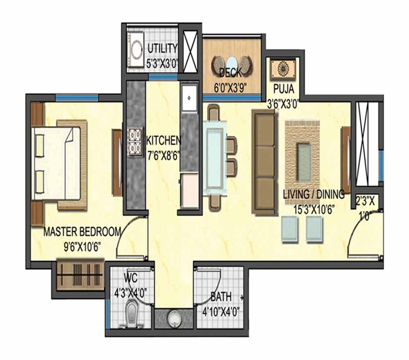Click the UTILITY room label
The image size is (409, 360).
coord(162,49)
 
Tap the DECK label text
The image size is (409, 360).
coord(230,73)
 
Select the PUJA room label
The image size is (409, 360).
coord(283,89)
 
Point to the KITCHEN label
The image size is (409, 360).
coord(164,141)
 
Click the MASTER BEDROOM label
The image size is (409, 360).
coord(82,232)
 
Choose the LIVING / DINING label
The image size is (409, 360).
coord(314,194)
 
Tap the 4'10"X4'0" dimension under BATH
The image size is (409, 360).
coord(221,312)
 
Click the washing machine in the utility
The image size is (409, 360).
coord(135,49)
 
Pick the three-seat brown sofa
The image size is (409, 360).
coord(263,162)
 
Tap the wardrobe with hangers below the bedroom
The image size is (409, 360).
coord(80,275)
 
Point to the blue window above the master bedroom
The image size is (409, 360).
coord(77,98)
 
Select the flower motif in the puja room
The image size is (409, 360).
coord(283,69)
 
